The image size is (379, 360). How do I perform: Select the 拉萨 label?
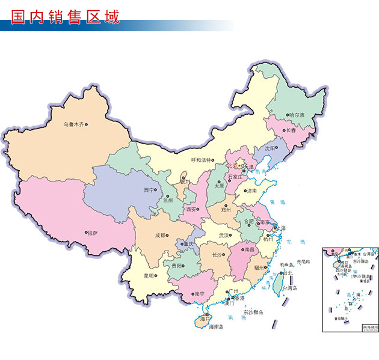coord(92,233)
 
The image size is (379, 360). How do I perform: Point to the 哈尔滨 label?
coord(297,115)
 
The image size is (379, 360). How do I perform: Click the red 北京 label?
coord(232,165)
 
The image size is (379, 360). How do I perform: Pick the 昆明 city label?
coord(148,276)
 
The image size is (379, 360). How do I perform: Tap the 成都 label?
coord(159,236)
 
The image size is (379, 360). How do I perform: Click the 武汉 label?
coord(224,236)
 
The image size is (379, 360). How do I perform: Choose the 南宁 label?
coord(199,293)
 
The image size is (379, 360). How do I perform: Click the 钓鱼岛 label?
coord(286,264)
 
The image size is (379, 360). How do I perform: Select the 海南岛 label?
coord(216,327)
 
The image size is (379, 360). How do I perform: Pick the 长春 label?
coord(291,130)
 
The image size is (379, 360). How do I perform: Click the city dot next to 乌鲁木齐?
coord(87,125)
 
